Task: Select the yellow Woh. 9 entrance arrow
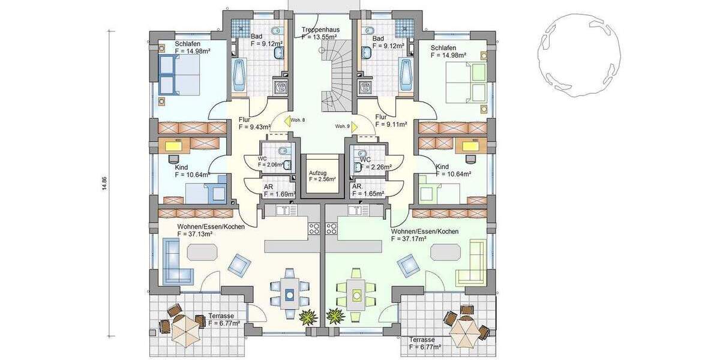[355, 127]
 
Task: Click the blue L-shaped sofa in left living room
[176, 262]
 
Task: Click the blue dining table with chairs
[290, 294]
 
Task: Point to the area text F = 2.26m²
[376, 167]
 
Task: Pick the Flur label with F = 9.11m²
[391, 124]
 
